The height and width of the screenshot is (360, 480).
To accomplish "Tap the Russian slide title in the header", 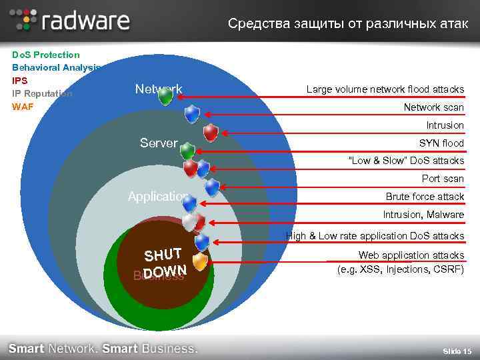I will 347,24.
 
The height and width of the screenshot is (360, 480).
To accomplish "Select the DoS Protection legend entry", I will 46,55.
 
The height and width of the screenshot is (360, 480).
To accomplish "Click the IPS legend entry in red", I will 20,80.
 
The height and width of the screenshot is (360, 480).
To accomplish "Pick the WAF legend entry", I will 23,106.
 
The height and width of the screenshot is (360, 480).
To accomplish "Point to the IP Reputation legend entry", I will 42,93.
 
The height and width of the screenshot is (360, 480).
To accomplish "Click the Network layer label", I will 158,89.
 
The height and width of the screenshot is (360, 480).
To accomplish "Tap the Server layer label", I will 159,143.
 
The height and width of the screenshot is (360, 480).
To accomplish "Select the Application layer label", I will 158,196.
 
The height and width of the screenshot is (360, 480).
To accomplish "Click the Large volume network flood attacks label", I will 385,89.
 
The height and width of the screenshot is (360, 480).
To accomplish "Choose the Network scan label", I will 433,107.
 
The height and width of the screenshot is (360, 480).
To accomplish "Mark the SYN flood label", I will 441,143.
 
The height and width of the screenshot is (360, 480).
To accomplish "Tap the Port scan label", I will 442,179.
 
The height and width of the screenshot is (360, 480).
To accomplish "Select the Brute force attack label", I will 425,197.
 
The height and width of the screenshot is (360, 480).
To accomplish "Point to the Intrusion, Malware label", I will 423,215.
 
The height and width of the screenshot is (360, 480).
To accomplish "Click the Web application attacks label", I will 411,255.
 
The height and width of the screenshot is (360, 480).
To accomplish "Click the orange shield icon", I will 200,261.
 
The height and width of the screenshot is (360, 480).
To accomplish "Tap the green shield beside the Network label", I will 165,97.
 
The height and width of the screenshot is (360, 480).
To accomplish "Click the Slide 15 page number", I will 457,351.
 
